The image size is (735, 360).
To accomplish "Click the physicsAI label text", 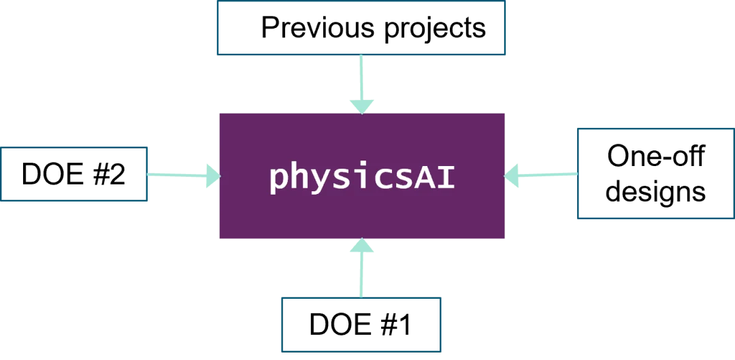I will [361, 177].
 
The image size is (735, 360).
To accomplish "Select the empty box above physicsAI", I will [360, 29].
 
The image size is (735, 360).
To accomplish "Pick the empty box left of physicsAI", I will [75, 174].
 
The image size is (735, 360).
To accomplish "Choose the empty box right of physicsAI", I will [655, 174].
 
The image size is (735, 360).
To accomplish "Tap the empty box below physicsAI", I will [361, 324].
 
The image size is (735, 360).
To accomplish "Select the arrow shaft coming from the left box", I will [174, 175].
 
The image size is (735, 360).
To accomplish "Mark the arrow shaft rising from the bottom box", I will [361, 276].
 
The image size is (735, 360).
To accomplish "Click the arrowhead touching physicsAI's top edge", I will [361, 105].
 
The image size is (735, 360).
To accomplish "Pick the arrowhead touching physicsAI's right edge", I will [513, 176].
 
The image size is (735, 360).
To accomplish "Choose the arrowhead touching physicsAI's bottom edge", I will [361, 247].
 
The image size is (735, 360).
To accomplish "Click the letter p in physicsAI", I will [279, 179].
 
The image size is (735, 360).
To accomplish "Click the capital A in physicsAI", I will [423, 176].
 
